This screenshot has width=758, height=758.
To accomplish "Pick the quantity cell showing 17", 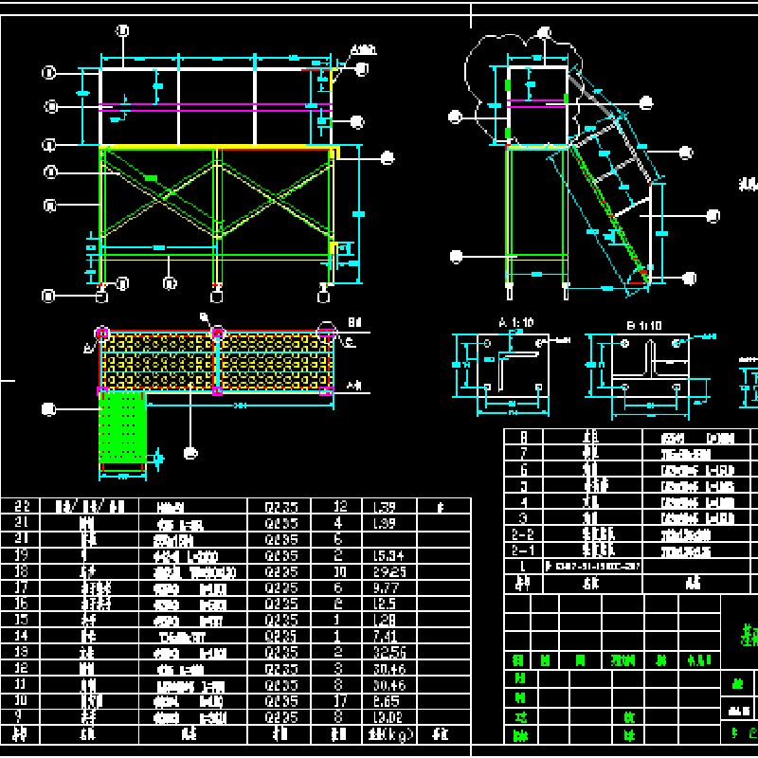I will [338, 701].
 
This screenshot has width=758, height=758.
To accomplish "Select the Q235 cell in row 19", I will [281, 555].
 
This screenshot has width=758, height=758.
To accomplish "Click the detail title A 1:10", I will [515, 324].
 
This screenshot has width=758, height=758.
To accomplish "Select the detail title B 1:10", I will [643, 325].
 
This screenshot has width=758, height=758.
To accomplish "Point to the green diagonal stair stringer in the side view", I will [606, 213].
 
